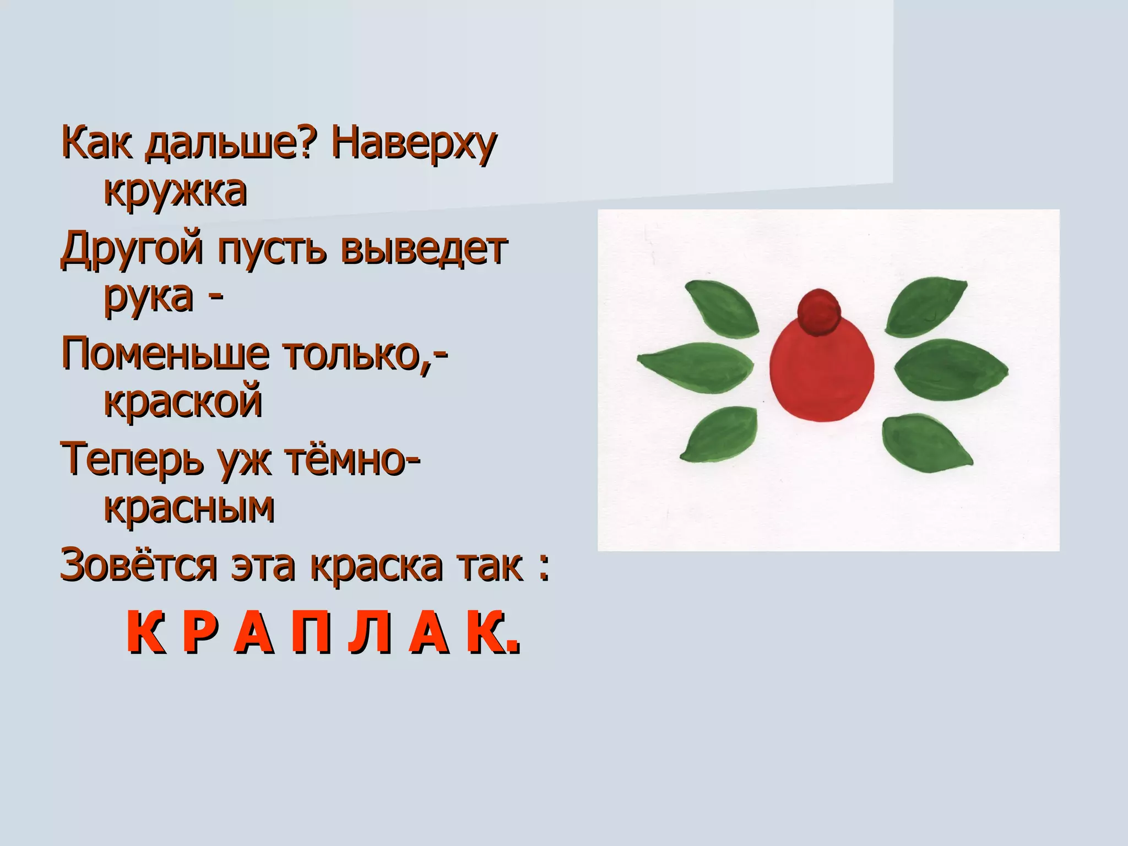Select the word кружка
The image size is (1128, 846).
coord(175,192)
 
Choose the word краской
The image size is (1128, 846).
coord(183,402)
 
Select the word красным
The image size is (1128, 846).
coord(189,507)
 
